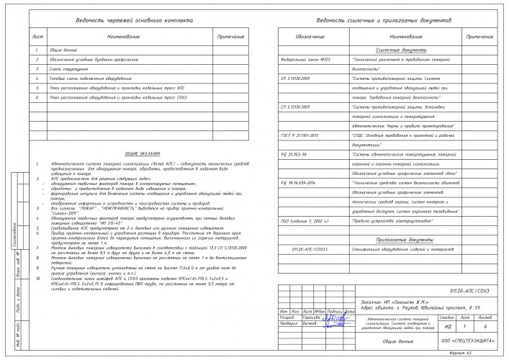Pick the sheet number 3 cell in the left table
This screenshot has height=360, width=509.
tap(37, 68)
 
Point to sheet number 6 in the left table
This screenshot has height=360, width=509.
tap(37, 95)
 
